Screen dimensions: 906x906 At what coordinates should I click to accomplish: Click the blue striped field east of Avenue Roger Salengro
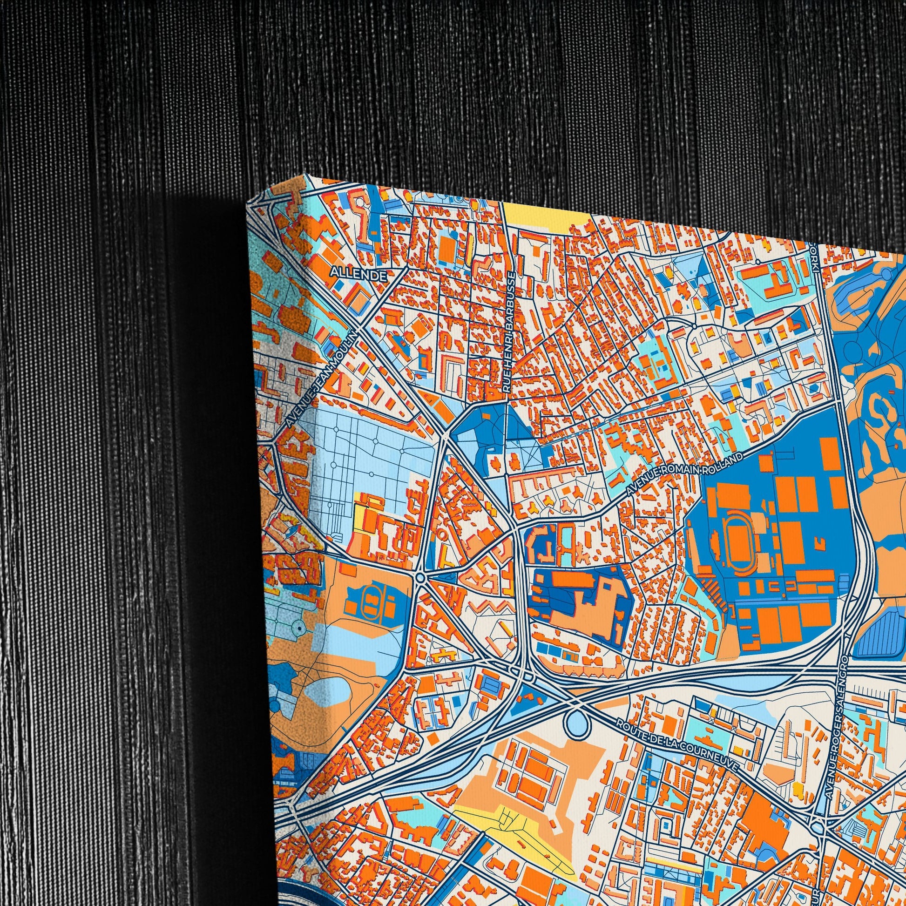click(x=882, y=633)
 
